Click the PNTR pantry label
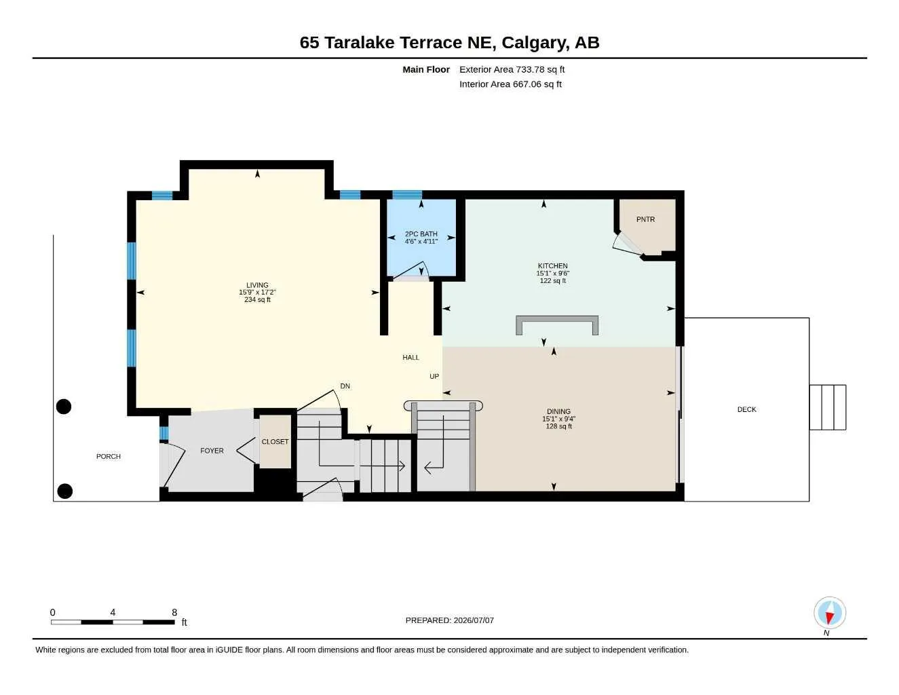(x=645, y=219)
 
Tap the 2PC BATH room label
(x=421, y=233)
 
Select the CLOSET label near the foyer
(x=275, y=442)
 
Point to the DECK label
(x=747, y=409)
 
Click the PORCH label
(x=109, y=456)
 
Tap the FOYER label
(x=212, y=451)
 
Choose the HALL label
(x=410, y=358)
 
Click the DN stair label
(x=345, y=386)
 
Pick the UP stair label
(x=434, y=377)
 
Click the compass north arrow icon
(x=830, y=613)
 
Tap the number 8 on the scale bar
(x=174, y=612)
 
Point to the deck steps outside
(x=828, y=407)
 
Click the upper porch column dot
(x=64, y=407)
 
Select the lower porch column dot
(x=64, y=491)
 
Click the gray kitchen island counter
(x=557, y=319)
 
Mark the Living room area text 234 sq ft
(x=257, y=299)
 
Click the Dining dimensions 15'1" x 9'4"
(x=558, y=419)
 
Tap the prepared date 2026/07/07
(x=474, y=620)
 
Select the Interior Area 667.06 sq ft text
(x=510, y=84)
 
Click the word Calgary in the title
(x=533, y=43)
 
